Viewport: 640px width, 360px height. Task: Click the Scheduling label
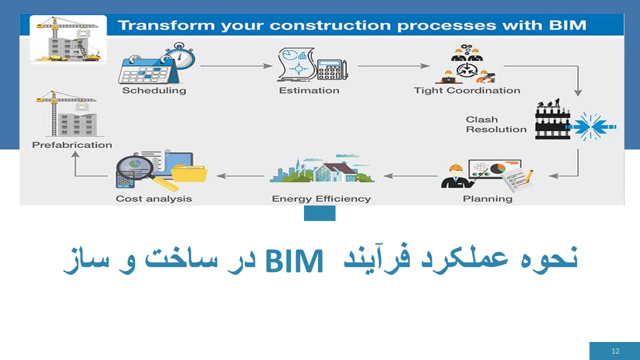click(154, 90)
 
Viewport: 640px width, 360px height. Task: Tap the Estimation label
click(309, 90)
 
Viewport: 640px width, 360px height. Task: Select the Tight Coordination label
click(467, 90)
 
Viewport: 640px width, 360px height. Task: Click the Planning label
click(487, 198)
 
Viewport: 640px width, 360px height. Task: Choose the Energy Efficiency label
click(321, 198)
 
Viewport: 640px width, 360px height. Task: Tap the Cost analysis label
click(153, 198)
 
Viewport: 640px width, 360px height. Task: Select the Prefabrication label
click(72, 145)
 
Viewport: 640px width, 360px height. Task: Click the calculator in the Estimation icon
click(332, 69)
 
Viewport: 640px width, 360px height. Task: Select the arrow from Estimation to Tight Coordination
click(393, 65)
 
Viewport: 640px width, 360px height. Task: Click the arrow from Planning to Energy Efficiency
click(410, 176)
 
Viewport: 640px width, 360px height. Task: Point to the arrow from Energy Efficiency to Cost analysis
click(240, 176)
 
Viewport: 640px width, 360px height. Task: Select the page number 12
click(615, 351)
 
